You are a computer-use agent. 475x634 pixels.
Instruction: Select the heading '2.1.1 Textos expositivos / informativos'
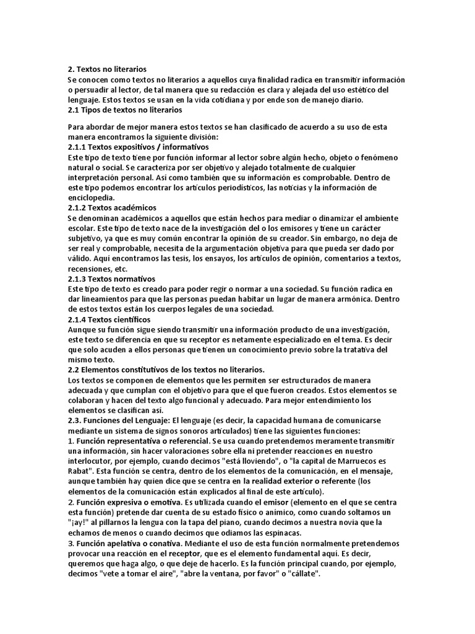coord(138,147)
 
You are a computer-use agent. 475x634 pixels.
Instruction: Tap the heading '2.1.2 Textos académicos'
coord(112,207)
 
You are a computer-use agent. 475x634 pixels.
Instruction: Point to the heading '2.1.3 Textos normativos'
coord(111,279)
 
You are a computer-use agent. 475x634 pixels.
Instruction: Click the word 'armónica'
coord(352,299)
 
